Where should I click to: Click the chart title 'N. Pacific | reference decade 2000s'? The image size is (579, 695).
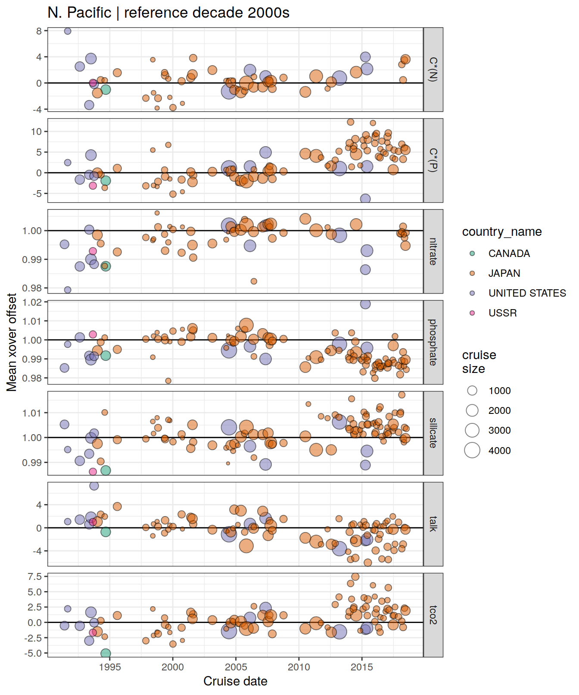(168, 13)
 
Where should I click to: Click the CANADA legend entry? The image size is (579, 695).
(509, 254)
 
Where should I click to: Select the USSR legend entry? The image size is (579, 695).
(502, 313)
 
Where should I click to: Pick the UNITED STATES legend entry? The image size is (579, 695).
(527, 293)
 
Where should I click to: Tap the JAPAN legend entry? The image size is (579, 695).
(504, 273)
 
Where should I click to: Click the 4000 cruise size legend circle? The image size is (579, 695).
(472, 450)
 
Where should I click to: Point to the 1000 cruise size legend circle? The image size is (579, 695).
(472, 391)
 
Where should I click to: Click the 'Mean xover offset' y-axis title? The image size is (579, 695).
(12, 342)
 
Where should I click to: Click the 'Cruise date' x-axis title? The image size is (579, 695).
(235, 681)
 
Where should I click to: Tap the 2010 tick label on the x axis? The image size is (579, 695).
(299, 667)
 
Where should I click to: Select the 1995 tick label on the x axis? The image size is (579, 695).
(110, 667)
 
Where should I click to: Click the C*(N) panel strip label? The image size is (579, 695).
(433, 69)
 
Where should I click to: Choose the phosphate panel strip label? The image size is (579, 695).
(433, 342)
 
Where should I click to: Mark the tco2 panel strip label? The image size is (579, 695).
(433, 615)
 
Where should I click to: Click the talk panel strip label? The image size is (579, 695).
(433, 524)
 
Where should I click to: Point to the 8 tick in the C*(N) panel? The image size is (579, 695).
(39, 31)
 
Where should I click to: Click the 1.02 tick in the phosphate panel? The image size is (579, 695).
(32, 302)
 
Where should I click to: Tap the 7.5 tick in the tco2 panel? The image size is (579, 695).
(34, 577)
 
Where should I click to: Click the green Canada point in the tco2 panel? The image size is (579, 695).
(106, 654)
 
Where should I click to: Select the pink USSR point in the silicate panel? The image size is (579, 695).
(93, 472)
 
